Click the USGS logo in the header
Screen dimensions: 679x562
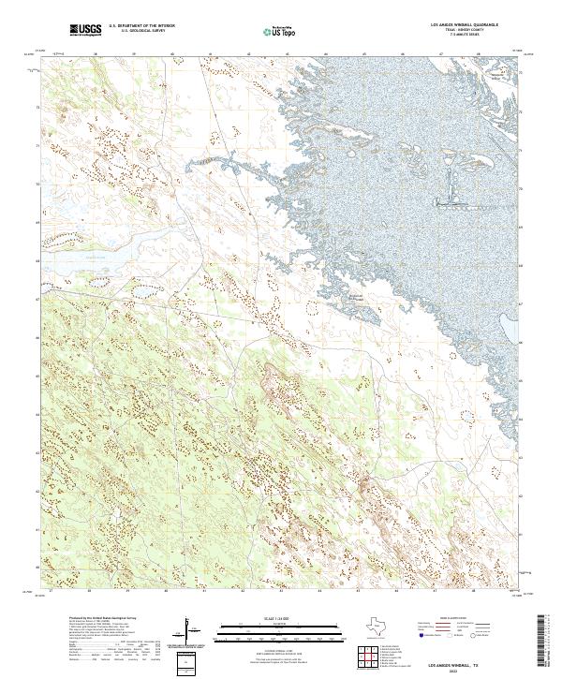(85, 30)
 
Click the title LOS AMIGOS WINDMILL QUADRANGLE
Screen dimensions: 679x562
(464, 25)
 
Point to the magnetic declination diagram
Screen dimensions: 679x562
(192, 633)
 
